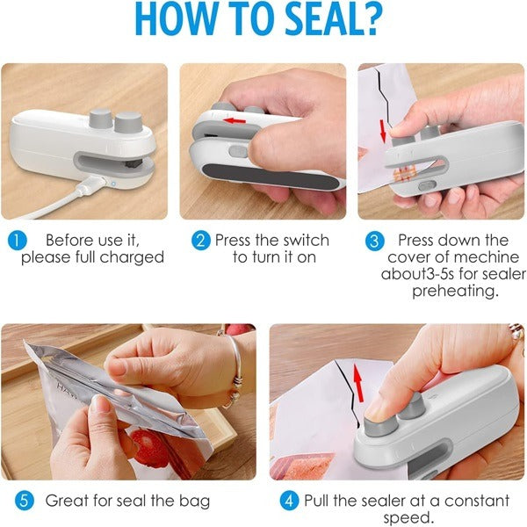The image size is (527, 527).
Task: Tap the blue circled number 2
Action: tap(202, 240)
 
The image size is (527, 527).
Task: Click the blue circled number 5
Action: tap(25, 502)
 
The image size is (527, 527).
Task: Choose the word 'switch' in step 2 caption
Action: tap(306, 240)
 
